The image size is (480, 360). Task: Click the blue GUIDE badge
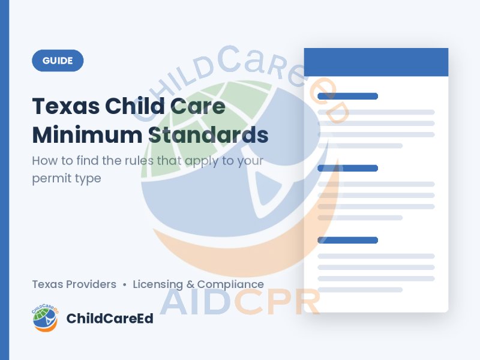58,61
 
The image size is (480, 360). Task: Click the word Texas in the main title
66,106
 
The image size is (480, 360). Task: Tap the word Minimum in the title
87,134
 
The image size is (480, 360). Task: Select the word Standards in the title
208,134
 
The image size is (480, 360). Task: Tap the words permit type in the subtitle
67,178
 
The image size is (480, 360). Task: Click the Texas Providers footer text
74,284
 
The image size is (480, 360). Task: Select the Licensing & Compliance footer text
199,284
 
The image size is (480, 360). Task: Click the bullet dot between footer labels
124,284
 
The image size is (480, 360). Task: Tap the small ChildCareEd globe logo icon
45,318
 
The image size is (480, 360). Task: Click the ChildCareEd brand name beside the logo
110,319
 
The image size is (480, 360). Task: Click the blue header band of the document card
376,62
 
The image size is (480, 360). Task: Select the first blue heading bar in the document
348,96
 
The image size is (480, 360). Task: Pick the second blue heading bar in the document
348,168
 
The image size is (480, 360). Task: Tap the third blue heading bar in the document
348,240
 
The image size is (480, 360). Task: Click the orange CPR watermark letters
277,302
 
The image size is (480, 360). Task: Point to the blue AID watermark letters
196,302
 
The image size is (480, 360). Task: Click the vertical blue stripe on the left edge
5,180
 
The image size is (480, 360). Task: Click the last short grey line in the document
360,290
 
